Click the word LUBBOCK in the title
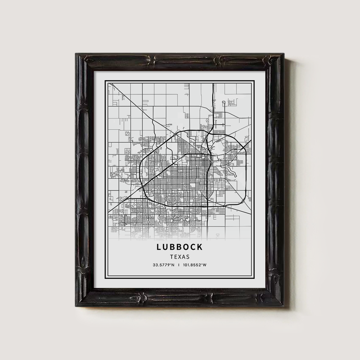180,247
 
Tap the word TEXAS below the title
180,257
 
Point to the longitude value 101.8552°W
194,266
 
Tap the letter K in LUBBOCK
200,247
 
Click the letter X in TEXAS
180,257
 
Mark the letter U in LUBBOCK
166,247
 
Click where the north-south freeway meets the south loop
208,206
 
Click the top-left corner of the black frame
77,54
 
